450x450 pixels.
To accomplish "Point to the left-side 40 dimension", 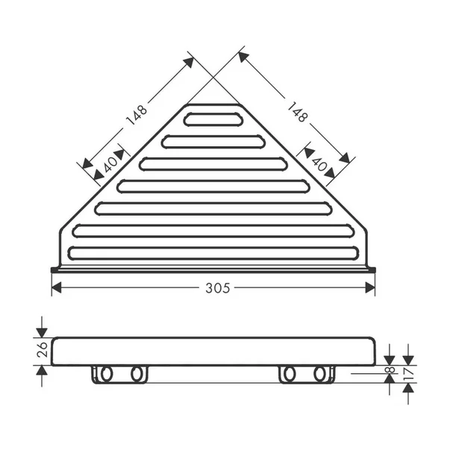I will click(110, 163).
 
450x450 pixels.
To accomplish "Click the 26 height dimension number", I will click(42, 349).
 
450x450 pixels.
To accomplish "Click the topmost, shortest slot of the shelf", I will click(213, 119).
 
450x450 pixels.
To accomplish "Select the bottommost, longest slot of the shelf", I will click(213, 253).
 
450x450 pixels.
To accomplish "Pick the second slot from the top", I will click(213, 141).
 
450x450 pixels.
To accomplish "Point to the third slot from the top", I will click(213, 163).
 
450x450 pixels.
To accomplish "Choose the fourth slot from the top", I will click(213, 186).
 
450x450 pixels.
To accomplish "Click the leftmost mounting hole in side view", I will click(105, 373).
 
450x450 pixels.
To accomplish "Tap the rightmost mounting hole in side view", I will click(321, 373).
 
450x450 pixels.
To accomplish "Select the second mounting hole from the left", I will click(137, 373).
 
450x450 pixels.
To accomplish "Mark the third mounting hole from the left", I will click(290, 373).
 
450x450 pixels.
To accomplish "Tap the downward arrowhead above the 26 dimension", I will click(42, 331).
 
